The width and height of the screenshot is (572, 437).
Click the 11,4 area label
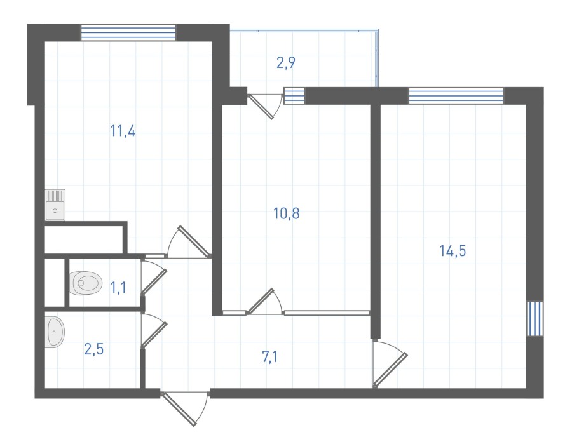(x=123, y=131)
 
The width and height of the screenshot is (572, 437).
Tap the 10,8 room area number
(x=287, y=213)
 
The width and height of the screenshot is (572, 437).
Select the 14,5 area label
(x=453, y=251)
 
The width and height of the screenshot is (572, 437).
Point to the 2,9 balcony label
(x=285, y=63)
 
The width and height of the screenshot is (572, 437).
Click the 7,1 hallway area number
(x=269, y=356)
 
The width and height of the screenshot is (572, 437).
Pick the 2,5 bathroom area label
(x=94, y=349)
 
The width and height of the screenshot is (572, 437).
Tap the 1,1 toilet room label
(x=118, y=288)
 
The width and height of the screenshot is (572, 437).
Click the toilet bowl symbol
(x=85, y=283)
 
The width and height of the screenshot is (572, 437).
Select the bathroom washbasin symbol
(x=55, y=332)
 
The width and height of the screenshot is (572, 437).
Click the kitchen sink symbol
(x=55, y=205)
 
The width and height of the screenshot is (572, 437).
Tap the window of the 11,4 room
(x=128, y=32)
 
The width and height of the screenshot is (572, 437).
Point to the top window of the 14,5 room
(x=456, y=95)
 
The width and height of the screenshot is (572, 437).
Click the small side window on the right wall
(x=535, y=319)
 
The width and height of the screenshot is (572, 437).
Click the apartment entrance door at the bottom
(x=184, y=408)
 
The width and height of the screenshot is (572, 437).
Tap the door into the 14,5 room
(x=390, y=363)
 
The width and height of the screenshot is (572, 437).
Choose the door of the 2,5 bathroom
(x=154, y=330)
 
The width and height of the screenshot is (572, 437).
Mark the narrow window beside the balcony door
(x=294, y=95)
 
